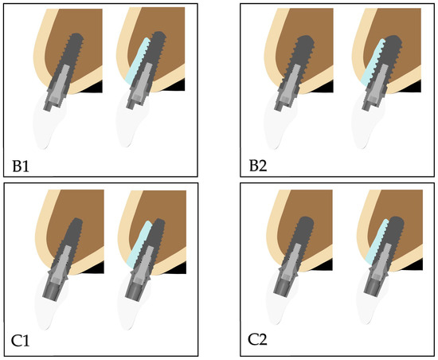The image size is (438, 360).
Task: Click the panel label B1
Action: click(21, 166)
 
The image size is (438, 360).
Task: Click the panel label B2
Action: click(258, 166)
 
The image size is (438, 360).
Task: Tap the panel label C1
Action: click(20, 340)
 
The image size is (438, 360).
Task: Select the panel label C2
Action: click(257, 340)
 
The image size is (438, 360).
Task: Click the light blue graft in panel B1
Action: click(137, 61)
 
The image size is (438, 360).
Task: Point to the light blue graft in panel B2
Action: click(372, 63)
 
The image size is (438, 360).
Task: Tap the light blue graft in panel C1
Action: click(139, 244)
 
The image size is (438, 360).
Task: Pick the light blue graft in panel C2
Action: click(377, 241)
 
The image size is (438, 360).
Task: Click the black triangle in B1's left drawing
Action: click(94, 88)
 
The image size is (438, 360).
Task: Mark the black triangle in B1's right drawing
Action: click(176, 86)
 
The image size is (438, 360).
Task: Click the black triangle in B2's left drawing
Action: click(325, 88)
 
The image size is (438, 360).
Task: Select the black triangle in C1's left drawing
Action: click(96, 268)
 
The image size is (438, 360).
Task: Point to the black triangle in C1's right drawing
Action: click(178, 268)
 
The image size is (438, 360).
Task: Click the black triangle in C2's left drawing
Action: click(324, 266)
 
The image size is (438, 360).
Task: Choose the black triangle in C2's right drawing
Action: click(414, 266)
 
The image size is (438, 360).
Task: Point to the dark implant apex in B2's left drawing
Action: click(306, 38)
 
